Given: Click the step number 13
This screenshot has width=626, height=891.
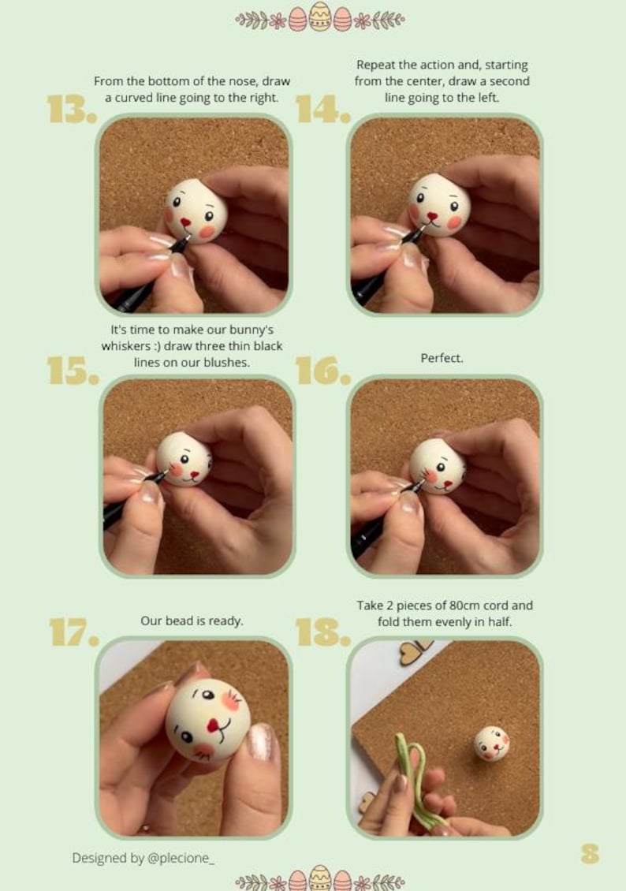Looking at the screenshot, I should [x=72, y=110].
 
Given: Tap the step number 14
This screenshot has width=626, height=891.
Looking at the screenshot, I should [x=322, y=110].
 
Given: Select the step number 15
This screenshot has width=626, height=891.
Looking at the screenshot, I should [x=72, y=371].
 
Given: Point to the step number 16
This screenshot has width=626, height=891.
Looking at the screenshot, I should [x=322, y=371].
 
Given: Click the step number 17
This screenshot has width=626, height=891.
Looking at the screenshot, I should [x=72, y=632].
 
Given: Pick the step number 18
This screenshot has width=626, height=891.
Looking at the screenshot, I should [x=322, y=632].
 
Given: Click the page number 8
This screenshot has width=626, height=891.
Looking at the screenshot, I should [x=590, y=853].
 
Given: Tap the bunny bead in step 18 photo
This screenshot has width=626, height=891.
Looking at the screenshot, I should [x=491, y=743].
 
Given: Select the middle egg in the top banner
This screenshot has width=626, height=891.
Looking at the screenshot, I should [x=320, y=17].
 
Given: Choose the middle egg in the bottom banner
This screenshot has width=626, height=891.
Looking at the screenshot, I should [x=320, y=878].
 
